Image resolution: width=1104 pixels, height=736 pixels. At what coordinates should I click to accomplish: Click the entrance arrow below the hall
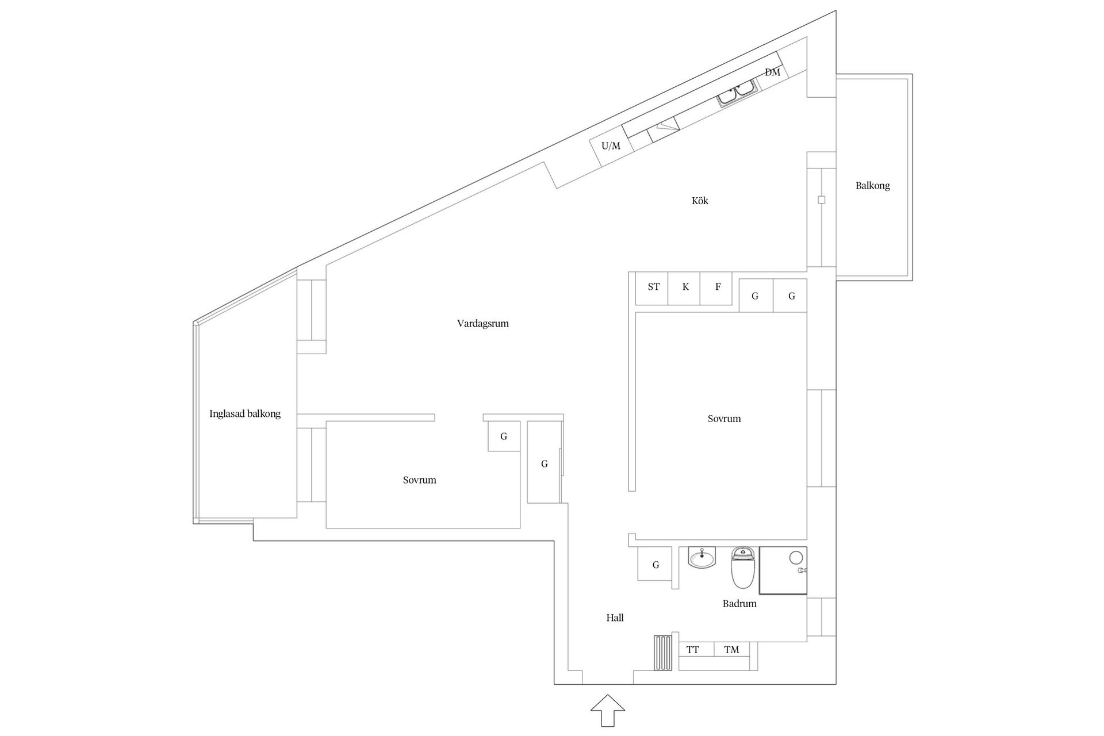click(x=608, y=711)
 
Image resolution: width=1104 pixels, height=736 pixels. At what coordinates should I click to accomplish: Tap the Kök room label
click(x=700, y=201)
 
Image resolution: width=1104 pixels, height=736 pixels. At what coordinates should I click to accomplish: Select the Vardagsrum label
click(x=483, y=323)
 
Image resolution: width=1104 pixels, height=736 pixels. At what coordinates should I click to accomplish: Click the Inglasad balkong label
click(x=245, y=413)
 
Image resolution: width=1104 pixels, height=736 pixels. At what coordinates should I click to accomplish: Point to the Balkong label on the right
click(x=872, y=186)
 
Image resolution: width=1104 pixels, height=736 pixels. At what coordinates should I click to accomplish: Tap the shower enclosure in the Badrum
click(x=783, y=570)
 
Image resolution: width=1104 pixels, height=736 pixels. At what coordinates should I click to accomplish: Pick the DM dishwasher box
click(x=772, y=72)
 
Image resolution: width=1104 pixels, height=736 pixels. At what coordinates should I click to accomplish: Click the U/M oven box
click(x=611, y=146)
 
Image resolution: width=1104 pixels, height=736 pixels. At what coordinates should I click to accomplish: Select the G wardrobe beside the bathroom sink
click(x=655, y=565)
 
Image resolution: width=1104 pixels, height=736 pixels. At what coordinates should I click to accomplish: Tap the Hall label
click(x=615, y=618)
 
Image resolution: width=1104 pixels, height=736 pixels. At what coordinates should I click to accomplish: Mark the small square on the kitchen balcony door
click(x=822, y=200)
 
